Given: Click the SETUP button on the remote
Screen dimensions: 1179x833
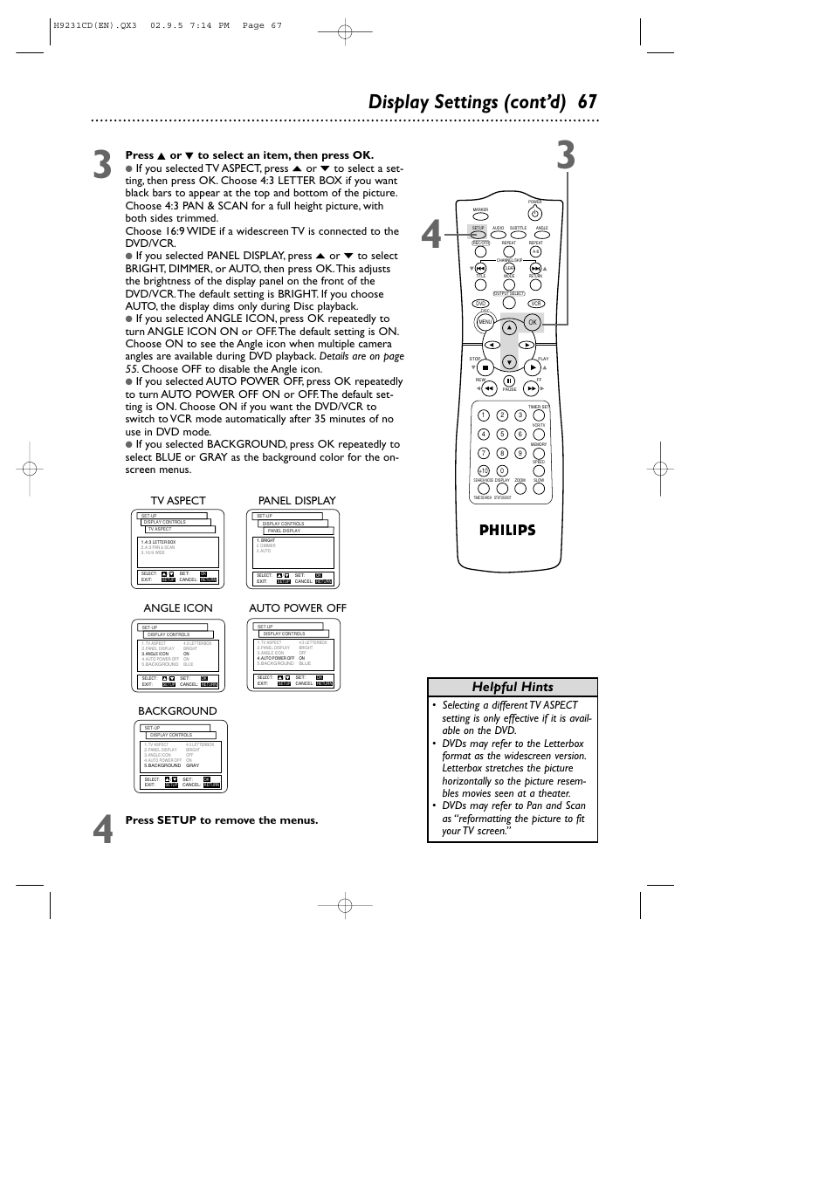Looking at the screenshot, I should click(478, 235).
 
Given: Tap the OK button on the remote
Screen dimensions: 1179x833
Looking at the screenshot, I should click(533, 322).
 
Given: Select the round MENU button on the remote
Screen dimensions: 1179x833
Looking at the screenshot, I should click(485, 322).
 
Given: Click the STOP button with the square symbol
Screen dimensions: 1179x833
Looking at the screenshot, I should click(485, 367).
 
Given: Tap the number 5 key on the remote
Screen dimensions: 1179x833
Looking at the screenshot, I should click(502, 434).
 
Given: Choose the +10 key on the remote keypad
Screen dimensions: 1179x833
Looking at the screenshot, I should click(483, 470).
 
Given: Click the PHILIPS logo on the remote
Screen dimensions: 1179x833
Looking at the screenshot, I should click(507, 530).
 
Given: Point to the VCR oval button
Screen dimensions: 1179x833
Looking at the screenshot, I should click(536, 304).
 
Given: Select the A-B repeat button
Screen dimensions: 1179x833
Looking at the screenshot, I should click(536, 251).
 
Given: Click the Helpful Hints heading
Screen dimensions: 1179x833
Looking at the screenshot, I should click(513, 687).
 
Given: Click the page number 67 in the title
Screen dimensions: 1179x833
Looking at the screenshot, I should click(587, 102).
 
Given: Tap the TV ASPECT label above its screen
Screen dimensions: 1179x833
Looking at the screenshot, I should click(178, 501).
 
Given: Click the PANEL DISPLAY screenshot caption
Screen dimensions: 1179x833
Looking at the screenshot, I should click(297, 501).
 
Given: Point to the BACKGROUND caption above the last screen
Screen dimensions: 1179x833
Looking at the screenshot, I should click(177, 711).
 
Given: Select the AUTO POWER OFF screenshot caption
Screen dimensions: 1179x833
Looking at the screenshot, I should click(298, 608).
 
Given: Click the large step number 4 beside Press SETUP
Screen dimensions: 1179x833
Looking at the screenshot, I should click(103, 830).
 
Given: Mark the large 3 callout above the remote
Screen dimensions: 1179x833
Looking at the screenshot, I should click(566, 155).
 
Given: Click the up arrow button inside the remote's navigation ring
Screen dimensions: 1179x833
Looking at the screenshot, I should click(510, 328).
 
